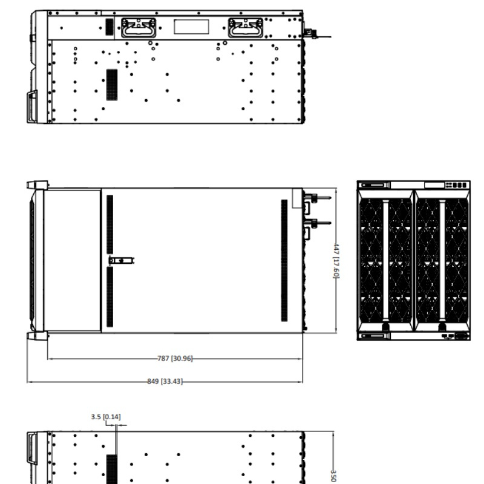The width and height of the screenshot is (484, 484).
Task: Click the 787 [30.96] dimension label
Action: [175, 358]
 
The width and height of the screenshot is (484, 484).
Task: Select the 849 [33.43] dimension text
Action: [165, 381]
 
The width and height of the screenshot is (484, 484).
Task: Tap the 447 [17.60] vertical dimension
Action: [336, 261]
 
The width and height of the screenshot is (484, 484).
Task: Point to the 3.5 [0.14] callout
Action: [106, 417]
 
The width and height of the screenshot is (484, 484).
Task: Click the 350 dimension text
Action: [333, 476]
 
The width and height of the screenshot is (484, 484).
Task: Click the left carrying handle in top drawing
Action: [139, 27]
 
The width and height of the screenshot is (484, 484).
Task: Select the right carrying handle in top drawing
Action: [246, 27]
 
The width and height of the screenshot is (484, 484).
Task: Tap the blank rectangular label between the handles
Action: [191, 27]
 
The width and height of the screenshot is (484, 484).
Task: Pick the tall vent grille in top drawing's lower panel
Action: [112, 85]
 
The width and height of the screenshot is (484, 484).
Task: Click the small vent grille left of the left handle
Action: [110, 27]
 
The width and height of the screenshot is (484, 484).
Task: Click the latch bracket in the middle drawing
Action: [122, 261]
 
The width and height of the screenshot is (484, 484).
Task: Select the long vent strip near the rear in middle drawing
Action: [284, 261]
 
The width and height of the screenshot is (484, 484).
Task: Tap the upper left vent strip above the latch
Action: [110, 224]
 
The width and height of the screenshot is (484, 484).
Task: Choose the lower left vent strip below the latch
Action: [110, 296]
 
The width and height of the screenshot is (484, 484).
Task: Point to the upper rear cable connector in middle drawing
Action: [317, 198]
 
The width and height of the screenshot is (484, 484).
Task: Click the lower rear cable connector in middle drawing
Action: [317, 223]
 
